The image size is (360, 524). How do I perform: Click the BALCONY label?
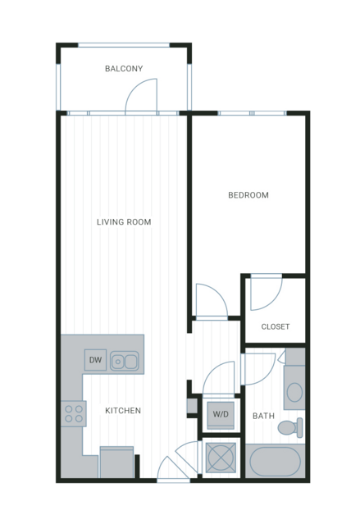(124, 69)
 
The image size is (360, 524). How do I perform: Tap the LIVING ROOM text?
(124, 222)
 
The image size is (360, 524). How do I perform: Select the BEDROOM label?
(248, 195)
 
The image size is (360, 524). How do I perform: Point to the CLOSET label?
(275, 326)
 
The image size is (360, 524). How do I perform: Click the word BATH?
(263, 416)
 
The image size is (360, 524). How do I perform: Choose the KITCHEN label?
(123, 411)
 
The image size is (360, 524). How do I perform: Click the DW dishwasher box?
(96, 360)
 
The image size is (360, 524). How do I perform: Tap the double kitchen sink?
(125, 361)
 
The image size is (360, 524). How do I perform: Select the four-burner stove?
(74, 414)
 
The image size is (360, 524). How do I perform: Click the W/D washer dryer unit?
(221, 414)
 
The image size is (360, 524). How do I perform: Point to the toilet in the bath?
(290, 427)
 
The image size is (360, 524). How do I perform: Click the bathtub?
(275, 462)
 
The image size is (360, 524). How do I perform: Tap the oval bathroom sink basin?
(294, 392)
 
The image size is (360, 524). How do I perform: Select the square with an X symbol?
(221, 458)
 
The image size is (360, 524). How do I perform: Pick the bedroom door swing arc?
(219, 293)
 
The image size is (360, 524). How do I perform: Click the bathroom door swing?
(267, 375)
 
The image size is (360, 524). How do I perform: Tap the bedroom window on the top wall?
(253, 113)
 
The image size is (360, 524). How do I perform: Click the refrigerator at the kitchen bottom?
(116, 462)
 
